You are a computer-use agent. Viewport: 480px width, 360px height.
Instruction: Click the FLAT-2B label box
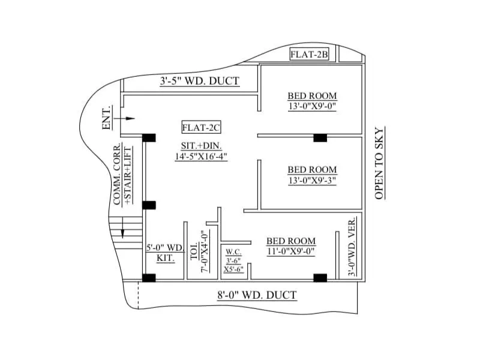[310, 55]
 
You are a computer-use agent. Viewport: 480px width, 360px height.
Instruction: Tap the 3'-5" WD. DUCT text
[199, 81]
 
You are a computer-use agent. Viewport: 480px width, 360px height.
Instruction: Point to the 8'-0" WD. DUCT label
[257, 295]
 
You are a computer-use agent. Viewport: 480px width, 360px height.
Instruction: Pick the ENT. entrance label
[107, 119]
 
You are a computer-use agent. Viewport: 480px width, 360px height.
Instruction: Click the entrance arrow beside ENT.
[127, 119]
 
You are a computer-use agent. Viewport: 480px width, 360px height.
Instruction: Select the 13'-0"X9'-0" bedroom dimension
[312, 107]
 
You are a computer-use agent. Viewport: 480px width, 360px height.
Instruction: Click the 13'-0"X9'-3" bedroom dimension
[312, 181]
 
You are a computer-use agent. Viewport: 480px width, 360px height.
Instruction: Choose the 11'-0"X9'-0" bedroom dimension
[291, 252]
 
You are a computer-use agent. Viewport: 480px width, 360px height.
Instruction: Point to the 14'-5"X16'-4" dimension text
[201, 156]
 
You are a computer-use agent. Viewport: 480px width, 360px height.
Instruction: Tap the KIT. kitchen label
[166, 258]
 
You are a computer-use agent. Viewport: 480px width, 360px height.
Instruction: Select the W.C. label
[233, 252]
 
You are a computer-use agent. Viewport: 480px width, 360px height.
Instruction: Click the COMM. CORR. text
[118, 174]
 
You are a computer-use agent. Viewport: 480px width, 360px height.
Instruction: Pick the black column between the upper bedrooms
[320, 138]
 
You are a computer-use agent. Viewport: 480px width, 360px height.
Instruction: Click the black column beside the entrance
[149, 137]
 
